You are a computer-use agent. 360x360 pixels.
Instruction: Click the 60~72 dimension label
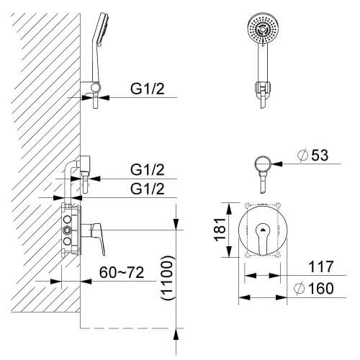(x=122, y=272)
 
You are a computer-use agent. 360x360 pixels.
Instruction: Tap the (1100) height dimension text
(x=167, y=278)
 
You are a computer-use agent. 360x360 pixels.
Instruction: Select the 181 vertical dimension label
(x=220, y=230)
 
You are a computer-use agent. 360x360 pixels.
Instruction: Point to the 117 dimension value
(x=321, y=266)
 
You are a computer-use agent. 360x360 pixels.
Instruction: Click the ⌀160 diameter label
(x=314, y=288)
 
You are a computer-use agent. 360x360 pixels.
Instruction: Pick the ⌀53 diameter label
(x=312, y=155)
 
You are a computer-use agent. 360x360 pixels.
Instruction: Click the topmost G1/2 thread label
(x=148, y=89)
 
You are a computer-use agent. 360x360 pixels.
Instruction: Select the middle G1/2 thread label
(x=148, y=170)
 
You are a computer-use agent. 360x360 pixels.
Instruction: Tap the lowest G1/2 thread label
(x=148, y=189)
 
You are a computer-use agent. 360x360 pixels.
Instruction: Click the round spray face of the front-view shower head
(x=263, y=28)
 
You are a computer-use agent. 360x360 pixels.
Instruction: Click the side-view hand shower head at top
(x=102, y=28)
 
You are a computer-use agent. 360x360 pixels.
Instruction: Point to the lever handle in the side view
(x=98, y=238)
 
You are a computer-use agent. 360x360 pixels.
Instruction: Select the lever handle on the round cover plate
(x=263, y=238)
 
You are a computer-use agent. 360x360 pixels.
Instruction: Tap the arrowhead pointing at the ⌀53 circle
(x=276, y=164)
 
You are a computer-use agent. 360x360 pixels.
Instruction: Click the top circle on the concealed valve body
(x=67, y=220)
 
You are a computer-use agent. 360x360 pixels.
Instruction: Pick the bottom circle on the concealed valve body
(x=67, y=241)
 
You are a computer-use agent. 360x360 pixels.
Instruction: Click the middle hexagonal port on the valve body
(x=67, y=230)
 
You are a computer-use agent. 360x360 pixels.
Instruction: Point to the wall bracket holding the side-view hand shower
(x=91, y=87)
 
